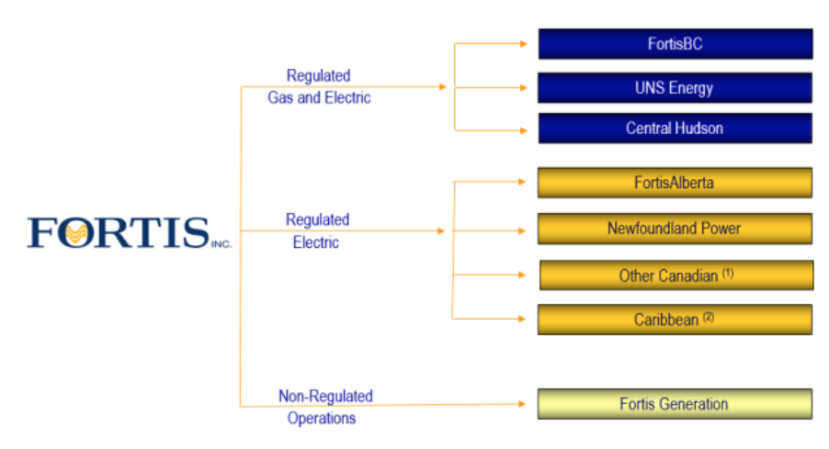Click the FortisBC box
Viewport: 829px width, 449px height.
tap(675, 44)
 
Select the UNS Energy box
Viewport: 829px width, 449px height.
tap(675, 88)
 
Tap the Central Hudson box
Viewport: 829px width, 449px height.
tap(675, 129)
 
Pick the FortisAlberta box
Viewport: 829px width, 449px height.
tap(675, 183)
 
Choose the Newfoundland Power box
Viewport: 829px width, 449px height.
tap(675, 229)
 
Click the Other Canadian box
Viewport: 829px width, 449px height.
tap(675, 275)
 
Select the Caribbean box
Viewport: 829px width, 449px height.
tap(675, 320)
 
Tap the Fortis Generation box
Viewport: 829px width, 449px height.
tap(675, 404)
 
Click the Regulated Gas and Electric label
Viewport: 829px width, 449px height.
tap(319, 86)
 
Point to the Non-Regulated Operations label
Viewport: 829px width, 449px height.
tap(325, 407)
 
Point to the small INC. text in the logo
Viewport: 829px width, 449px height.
tap(221, 245)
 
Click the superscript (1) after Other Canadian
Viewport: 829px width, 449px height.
tap(728, 273)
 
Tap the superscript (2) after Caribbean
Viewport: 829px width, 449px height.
tap(708, 317)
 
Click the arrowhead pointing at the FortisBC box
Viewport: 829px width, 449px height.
tap(521, 43)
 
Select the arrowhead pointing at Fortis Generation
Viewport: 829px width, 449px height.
tap(521, 404)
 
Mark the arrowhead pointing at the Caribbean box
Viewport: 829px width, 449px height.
tap(521, 319)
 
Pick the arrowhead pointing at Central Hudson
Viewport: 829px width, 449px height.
tap(521, 129)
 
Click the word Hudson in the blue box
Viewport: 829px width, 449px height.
tap(700, 129)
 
